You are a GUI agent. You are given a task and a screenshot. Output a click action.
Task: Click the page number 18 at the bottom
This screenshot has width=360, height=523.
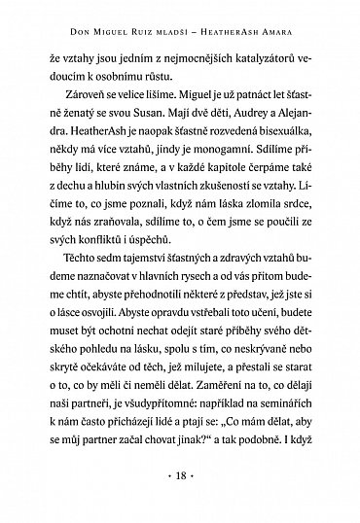[x=179, y=479]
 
